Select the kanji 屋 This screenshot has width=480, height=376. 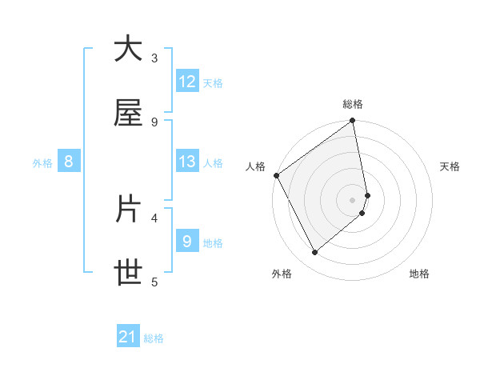pyautogui.click(x=128, y=114)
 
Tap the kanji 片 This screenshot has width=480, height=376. pyautogui.click(x=128, y=210)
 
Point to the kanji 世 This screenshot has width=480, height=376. pyautogui.click(x=128, y=274)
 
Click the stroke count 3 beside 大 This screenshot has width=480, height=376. pyautogui.click(x=154, y=58)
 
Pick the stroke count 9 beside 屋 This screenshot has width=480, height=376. pyautogui.click(x=154, y=122)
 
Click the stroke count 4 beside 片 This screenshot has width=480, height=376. pyautogui.click(x=154, y=217)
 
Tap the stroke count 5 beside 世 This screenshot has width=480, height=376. pyautogui.click(x=154, y=281)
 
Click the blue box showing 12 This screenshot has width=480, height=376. pyautogui.click(x=187, y=82)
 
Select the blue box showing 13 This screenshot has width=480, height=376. pyautogui.click(x=187, y=162)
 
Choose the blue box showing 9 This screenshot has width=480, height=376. pyautogui.click(x=187, y=242)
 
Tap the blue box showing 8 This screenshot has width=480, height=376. pyautogui.click(x=69, y=162)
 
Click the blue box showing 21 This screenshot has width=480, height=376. pyautogui.click(x=128, y=338)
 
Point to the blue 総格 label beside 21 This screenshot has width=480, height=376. pyautogui.click(x=154, y=338)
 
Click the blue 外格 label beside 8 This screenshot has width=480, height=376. pyautogui.click(x=42, y=162)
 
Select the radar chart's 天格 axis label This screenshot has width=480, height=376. pyautogui.click(x=450, y=166)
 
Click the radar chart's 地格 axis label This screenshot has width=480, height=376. pyautogui.click(x=419, y=274)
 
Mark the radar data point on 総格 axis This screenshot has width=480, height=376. pyautogui.click(x=353, y=122)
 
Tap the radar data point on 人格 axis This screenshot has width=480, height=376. pyautogui.click(x=276, y=175)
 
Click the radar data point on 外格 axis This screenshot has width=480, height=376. pyautogui.click(x=314, y=253)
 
